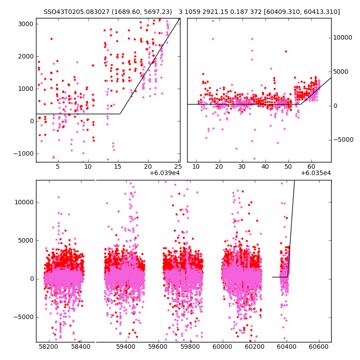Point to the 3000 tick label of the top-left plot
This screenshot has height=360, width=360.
click(26, 24)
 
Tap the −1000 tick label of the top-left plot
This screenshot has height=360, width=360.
click(23, 153)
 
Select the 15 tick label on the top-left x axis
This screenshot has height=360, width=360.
click(117, 166)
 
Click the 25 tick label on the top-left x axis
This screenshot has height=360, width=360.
click(178, 166)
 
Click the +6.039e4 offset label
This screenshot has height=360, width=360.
click(165, 173)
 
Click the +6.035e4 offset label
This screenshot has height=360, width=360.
click(316, 173)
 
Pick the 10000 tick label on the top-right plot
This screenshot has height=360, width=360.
click(342, 37)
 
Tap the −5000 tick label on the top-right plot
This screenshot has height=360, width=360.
click(343, 139)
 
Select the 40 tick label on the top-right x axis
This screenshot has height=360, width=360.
click(265, 166)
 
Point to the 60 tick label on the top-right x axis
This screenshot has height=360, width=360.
click(311, 166)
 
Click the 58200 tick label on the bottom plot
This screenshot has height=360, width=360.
click(48, 346)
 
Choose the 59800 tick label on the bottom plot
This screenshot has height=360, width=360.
click(190, 346)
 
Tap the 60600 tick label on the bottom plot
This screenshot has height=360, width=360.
click(319, 346)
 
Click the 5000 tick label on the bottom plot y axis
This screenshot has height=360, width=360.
click(26, 240)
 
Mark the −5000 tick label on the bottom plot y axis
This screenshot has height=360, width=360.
click(23, 317)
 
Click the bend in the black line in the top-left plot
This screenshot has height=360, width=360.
click(120, 114)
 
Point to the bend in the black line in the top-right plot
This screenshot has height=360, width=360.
click(301, 104)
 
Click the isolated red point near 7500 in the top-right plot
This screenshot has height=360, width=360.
click(286, 51)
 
